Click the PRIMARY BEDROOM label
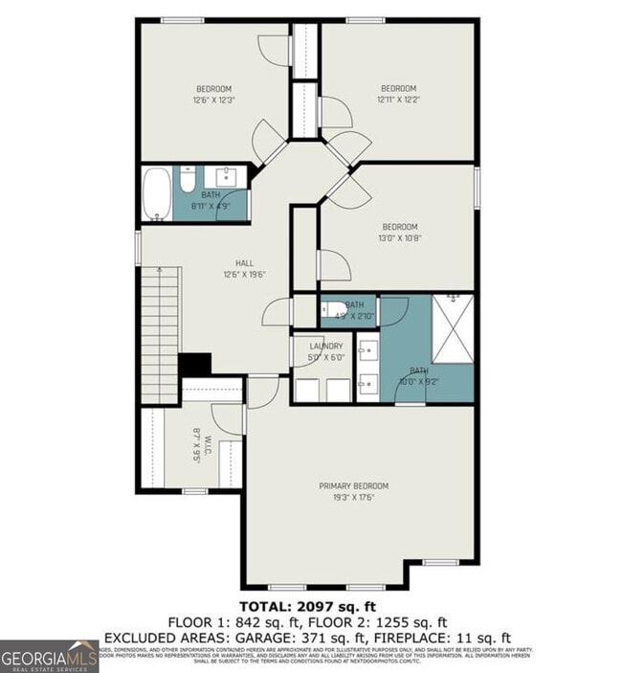click(x=353, y=485)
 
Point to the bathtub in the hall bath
click(x=157, y=193)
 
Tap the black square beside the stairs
click(x=195, y=366)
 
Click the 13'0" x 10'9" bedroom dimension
click(x=399, y=239)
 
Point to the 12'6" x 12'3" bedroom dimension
click(x=213, y=100)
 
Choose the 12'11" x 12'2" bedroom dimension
click(x=398, y=100)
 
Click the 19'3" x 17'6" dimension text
click(x=353, y=498)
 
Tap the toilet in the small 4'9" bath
click(x=328, y=309)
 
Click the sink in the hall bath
click(x=228, y=177)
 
